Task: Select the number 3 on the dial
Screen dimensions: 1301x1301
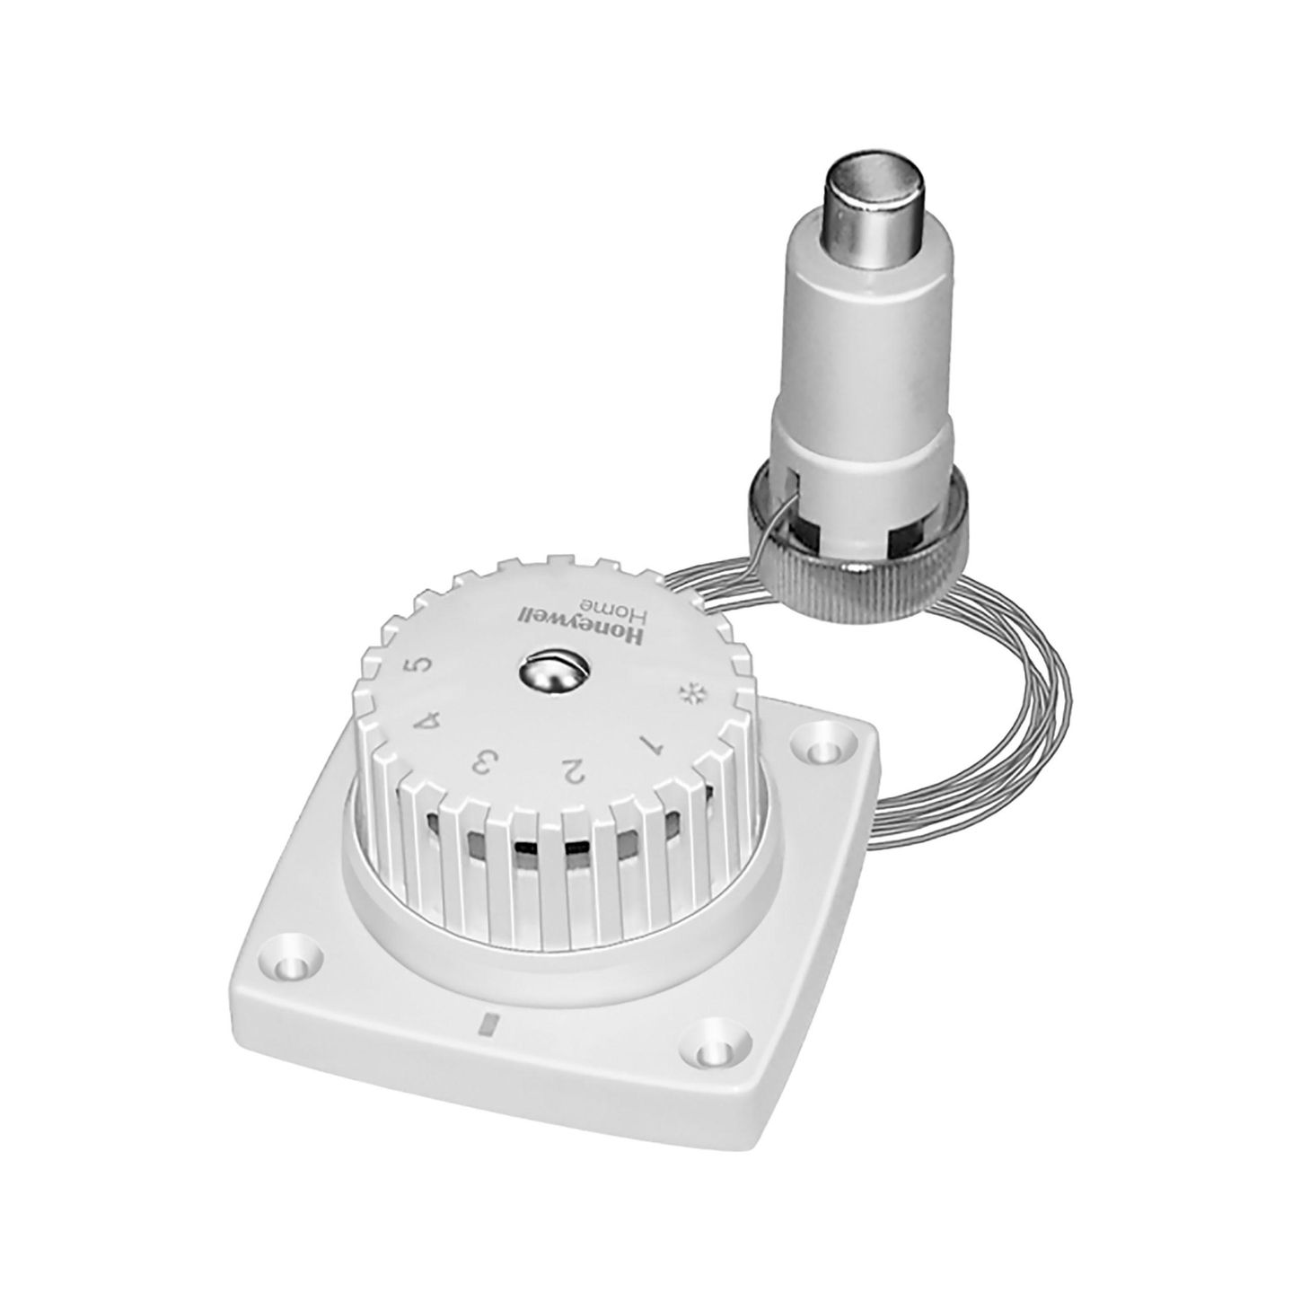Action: [486, 763]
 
